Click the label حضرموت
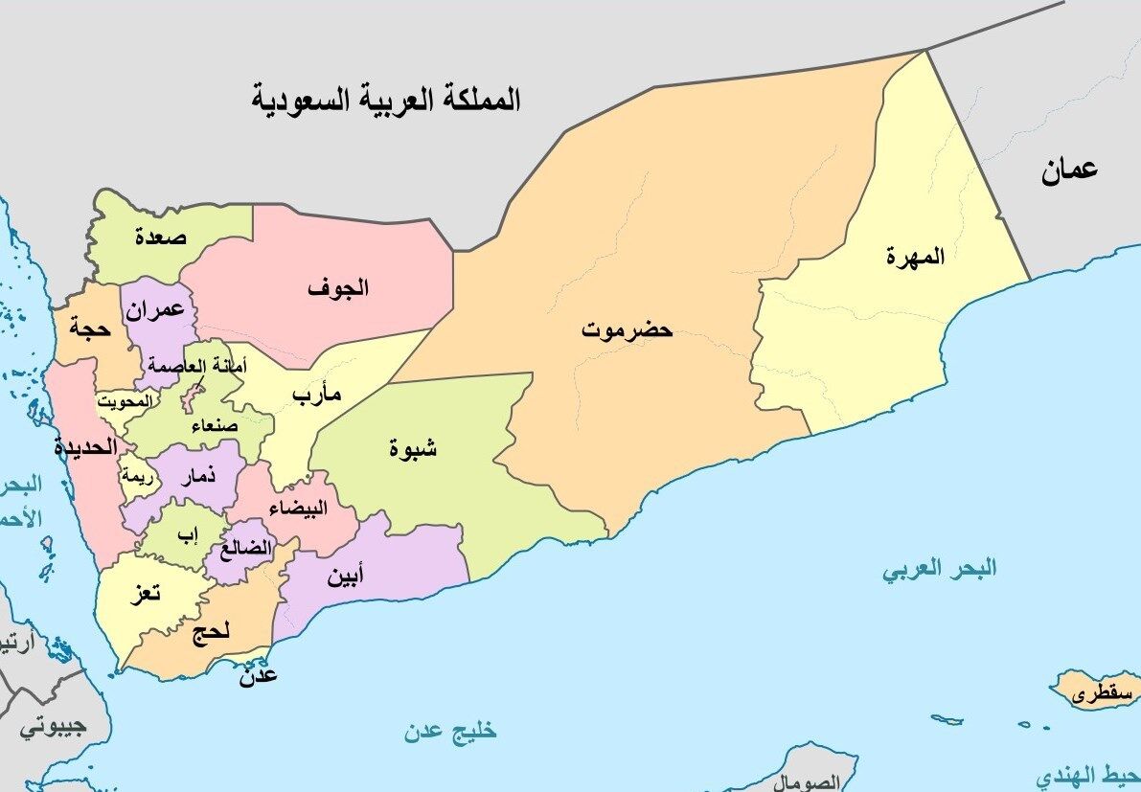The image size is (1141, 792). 627,331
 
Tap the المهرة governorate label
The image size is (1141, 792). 915,256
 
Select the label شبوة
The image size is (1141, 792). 413,446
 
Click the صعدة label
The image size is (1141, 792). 160,236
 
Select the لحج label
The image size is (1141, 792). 211,633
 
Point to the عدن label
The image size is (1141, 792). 260,675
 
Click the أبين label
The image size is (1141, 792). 345,577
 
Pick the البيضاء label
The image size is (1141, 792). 298,509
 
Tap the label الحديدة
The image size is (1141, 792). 85,446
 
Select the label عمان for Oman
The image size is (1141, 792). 1069,171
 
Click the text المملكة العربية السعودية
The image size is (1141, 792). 386,99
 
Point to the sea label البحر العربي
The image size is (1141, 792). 939,569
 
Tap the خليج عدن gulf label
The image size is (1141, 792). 450,732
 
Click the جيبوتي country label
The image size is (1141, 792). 47,727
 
